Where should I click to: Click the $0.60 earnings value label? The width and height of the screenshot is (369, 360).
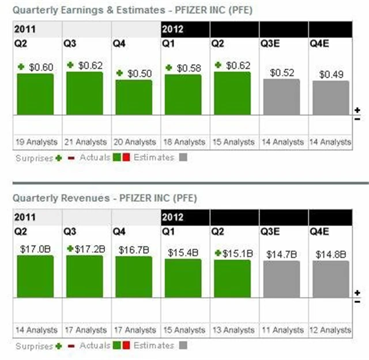point(40,67)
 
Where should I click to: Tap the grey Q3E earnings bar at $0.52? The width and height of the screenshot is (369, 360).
point(281,97)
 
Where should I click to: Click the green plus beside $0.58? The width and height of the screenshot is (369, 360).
point(169,67)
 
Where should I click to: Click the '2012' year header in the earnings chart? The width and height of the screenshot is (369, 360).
point(173,28)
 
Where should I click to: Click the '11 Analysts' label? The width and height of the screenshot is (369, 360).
point(281,331)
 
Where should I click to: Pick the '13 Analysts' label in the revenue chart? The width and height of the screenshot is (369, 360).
point(232,331)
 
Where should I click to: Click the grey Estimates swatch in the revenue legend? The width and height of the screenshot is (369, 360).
point(183,346)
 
